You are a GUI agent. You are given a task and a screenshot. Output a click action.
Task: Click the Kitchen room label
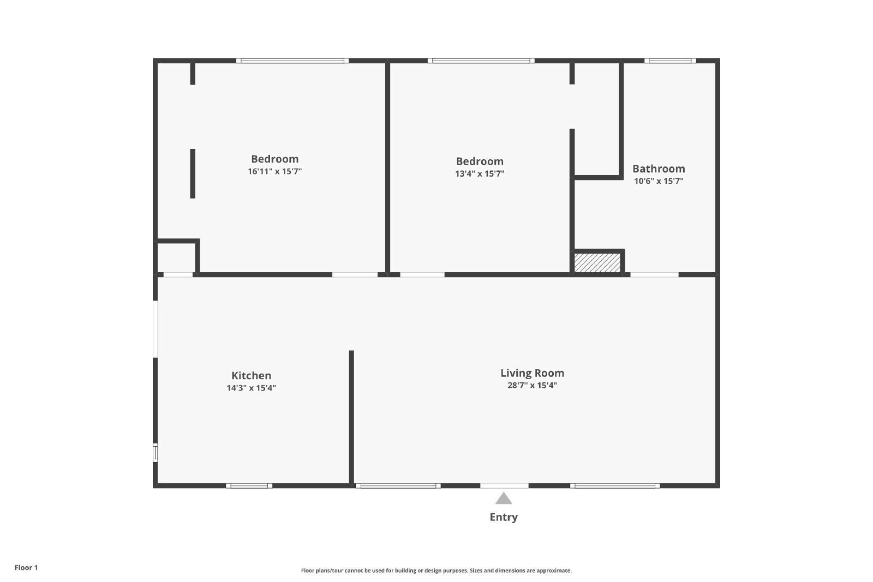(x=251, y=375)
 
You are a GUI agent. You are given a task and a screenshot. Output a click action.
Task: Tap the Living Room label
(x=532, y=373)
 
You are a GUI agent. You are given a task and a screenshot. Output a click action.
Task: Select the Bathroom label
(x=659, y=169)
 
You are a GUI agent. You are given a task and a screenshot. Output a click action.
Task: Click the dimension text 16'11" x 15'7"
(x=274, y=171)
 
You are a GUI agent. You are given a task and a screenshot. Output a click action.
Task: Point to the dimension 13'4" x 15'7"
(x=480, y=174)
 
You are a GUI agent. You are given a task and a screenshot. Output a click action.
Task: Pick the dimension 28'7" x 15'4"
(x=532, y=386)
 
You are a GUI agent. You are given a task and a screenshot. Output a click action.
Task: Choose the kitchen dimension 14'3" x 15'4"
(x=251, y=388)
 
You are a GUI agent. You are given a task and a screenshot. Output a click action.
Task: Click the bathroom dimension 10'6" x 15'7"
(x=659, y=181)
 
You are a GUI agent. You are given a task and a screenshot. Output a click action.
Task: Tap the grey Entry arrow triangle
(x=504, y=499)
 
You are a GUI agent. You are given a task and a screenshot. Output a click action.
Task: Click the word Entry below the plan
(x=504, y=517)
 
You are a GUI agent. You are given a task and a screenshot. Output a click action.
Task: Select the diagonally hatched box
(x=597, y=262)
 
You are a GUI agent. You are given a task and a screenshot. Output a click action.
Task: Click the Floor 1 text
(x=26, y=568)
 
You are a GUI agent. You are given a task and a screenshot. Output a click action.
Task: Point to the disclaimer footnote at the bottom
(x=436, y=571)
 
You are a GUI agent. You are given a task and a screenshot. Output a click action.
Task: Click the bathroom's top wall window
(x=670, y=61)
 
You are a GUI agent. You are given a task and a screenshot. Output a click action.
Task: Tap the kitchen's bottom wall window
(x=249, y=485)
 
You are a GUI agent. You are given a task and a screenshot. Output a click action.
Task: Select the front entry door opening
(x=504, y=485)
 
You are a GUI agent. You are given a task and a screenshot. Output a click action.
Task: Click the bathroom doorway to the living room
(x=654, y=274)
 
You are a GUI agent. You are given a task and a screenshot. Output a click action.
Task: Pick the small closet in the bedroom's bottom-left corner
(x=176, y=257)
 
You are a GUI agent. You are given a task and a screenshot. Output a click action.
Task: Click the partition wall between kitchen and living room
(x=351, y=417)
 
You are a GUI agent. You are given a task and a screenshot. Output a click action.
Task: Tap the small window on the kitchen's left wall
(x=156, y=453)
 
